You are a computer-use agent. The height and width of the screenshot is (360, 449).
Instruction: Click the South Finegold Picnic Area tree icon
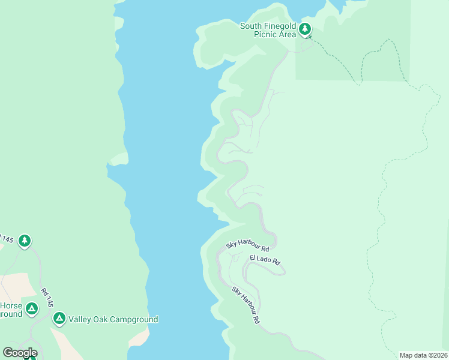click(x=305, y=29)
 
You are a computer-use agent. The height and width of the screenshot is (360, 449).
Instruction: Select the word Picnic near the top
click(x=266, y=35)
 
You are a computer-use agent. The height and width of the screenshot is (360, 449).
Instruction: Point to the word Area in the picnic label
click(x=288, y=35)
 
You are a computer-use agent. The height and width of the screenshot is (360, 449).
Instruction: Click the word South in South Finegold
click(x=251, y=26)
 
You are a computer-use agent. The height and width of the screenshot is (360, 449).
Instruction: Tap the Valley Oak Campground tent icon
click(x=59, y=318)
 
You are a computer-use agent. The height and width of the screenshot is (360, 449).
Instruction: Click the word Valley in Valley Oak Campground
click(x=80, y=320)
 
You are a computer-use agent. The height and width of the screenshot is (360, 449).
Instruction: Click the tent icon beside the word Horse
click(x=32, y=309)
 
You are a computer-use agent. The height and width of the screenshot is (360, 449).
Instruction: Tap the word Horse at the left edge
click(x=11, y=305)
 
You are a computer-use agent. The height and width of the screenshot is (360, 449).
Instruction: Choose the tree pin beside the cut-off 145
click(x=24, y=241)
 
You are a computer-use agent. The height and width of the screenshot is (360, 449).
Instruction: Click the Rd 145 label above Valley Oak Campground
click(x=47, y=298)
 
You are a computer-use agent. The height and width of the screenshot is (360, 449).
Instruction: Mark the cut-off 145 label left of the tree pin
click(x=6, y=239)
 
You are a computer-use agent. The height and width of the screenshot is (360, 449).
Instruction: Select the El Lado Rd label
click(x=265, y=260)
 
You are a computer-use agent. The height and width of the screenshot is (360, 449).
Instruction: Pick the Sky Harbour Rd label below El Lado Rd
click(x=246, y=305)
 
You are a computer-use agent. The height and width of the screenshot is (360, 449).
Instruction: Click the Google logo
click(x=20, y=352)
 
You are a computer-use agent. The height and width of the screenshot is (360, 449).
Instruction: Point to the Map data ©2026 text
click(x=423, y=355)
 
